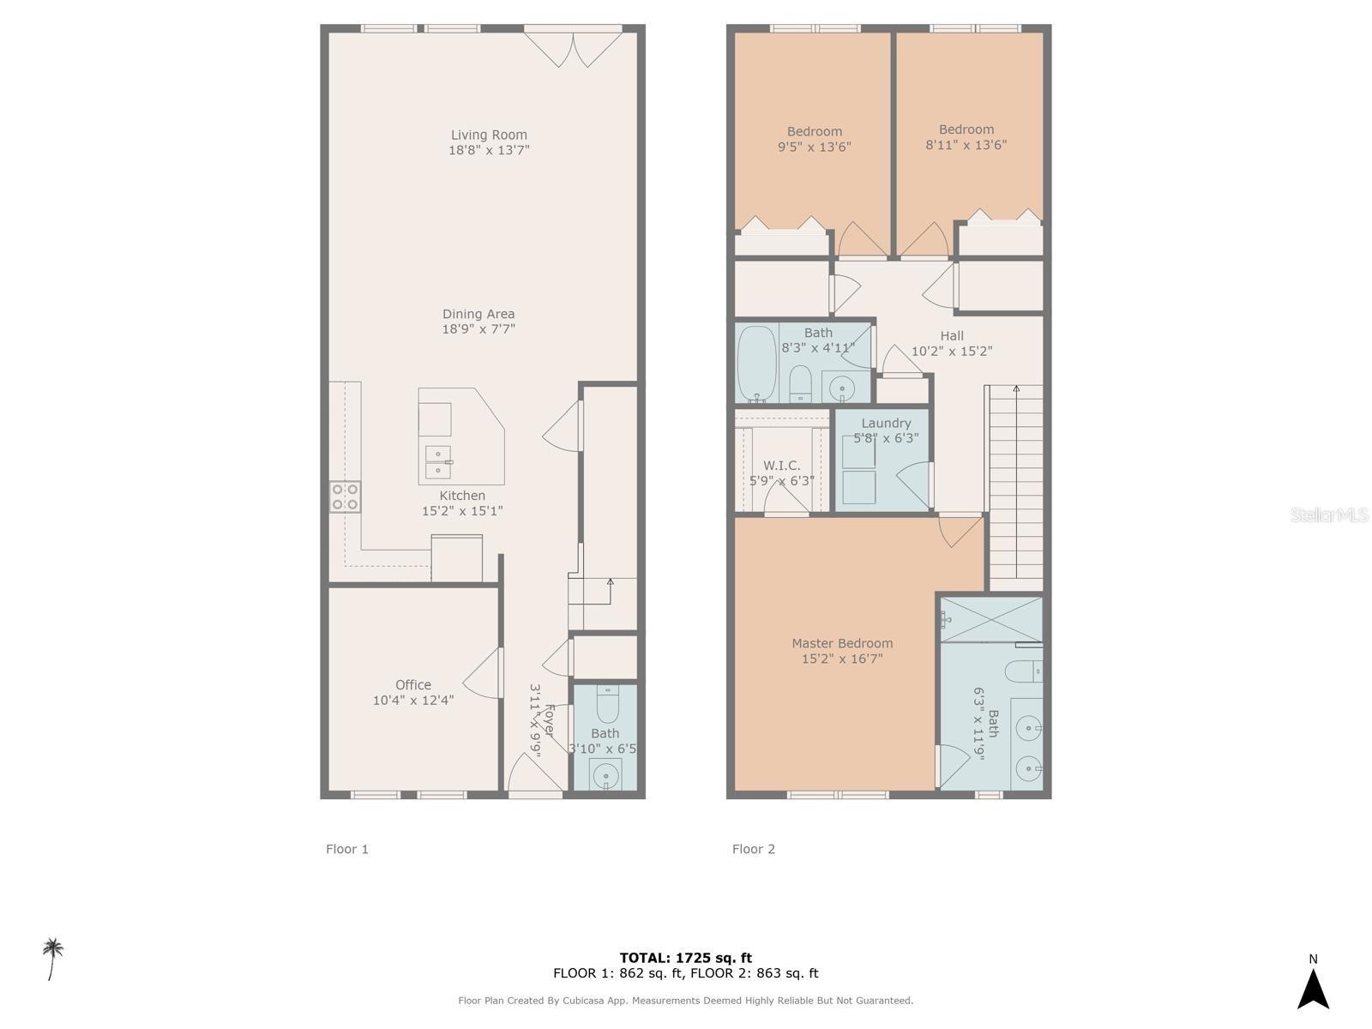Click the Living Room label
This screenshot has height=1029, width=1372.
point(489,135)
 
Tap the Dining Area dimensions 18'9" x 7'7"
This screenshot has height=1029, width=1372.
point(478,329)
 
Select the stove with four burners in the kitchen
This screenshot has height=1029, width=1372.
point(346,497)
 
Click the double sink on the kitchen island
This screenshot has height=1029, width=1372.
point(438,461)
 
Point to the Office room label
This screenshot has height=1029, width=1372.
point(413,684)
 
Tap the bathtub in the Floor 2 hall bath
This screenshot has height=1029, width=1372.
point(757,364)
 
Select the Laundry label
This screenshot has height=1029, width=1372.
point(886,423)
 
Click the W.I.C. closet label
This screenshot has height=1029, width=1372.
point(781,466)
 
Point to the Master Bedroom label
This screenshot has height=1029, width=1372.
point(842,643)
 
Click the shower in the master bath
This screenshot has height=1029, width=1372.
point(992,619)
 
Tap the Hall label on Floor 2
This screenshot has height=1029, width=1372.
point(952,335)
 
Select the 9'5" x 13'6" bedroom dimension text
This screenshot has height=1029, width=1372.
point(814,147)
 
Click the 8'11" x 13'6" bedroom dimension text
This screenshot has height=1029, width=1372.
point(966,145)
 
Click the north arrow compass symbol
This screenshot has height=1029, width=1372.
point(1313,988)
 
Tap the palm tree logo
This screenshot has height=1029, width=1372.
point(53,958)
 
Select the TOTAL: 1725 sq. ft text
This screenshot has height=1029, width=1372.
point(685,958)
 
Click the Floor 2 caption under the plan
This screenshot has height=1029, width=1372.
point(753,849)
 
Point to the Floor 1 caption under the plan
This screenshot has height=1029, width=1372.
point(347,849)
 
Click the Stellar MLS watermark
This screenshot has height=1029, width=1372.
point(1328,515)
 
